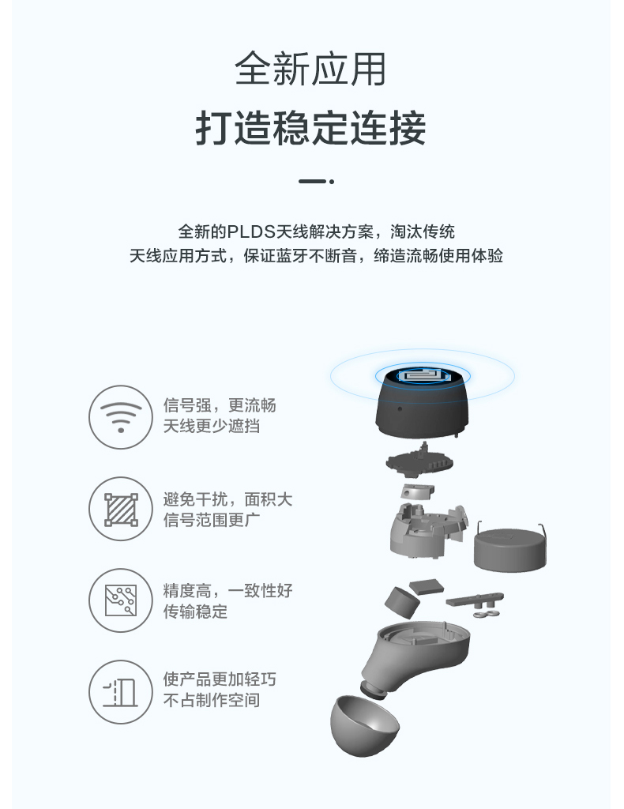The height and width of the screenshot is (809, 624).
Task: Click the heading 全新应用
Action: [x=310, y=70]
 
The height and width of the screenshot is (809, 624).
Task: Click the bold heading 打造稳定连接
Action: [x=310, y=128]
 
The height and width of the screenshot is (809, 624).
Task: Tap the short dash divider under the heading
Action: [x=316, y=182]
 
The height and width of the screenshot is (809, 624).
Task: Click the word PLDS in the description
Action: [x=252, y=231]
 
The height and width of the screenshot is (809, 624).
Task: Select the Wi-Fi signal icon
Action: [x=121, y=417]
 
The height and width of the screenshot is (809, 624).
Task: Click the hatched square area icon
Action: [x=121, y=510]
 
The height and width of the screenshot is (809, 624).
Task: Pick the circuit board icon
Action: [x=121, y=600]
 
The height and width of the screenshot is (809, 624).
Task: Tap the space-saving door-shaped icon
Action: [x=121, y=692]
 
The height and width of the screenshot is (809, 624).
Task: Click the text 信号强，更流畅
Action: [x=220, y=405]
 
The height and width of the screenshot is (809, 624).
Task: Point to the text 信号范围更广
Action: [x=212, y=520]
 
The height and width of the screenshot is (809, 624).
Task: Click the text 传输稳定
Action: [x=195, y=612]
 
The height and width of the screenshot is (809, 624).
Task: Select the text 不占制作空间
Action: [x=212, y=701]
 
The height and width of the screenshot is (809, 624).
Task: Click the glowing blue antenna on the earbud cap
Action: [x=423, y=374]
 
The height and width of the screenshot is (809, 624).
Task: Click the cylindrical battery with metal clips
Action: [x=509, y=548]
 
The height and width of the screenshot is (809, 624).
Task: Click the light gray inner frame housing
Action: [x=428, y=529]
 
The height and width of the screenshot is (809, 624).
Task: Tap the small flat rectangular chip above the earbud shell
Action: [x=427, y=587]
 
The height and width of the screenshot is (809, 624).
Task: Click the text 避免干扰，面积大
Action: [x=228, y=499]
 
